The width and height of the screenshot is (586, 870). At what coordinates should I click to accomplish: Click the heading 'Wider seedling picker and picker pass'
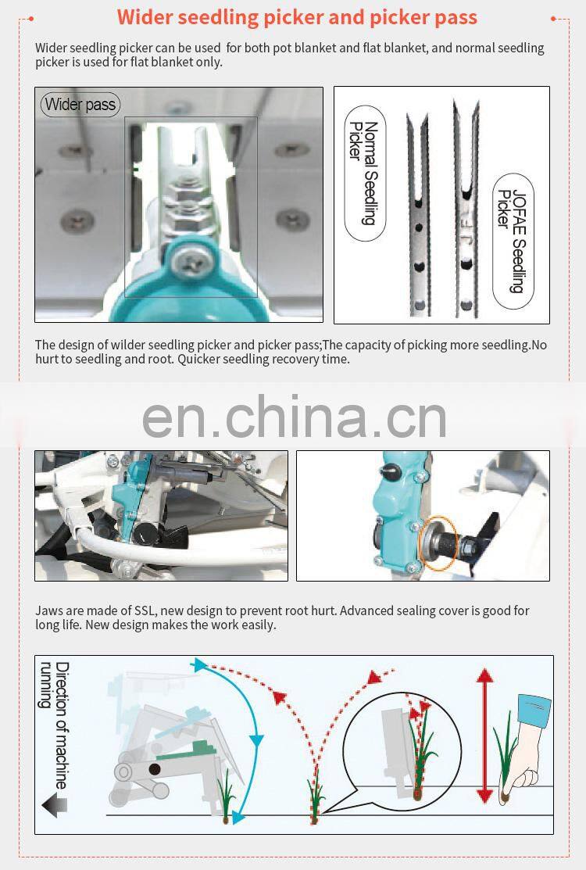(x=297, y=17)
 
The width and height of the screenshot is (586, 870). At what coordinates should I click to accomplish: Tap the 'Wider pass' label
(x=80, y=104)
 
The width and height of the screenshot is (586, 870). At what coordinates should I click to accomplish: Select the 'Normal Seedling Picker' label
(x=364, y=173)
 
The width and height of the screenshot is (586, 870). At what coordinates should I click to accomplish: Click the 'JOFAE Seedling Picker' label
(x=513, y=241)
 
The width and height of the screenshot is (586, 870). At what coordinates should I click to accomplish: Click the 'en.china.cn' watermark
(x=295, y=417)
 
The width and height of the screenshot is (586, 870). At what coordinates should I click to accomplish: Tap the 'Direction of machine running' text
(x=55, y=725)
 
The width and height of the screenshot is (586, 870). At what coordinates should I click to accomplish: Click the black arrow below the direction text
(x=55, y=804)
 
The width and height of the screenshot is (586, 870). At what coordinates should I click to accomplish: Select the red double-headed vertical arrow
(x=484, y=736)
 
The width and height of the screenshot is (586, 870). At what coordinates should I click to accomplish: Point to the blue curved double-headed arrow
(x=249, y=739)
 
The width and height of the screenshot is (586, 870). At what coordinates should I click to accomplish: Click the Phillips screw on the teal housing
(x=191, y=261)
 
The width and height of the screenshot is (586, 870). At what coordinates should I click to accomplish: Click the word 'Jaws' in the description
(x=48, y=611)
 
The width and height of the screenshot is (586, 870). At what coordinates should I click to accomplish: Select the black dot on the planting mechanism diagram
(x=155, y=768)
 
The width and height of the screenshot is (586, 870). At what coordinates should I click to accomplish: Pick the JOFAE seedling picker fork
(x=466, y=209)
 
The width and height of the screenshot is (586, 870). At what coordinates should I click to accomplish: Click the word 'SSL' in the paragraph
(x=146, y=611)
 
